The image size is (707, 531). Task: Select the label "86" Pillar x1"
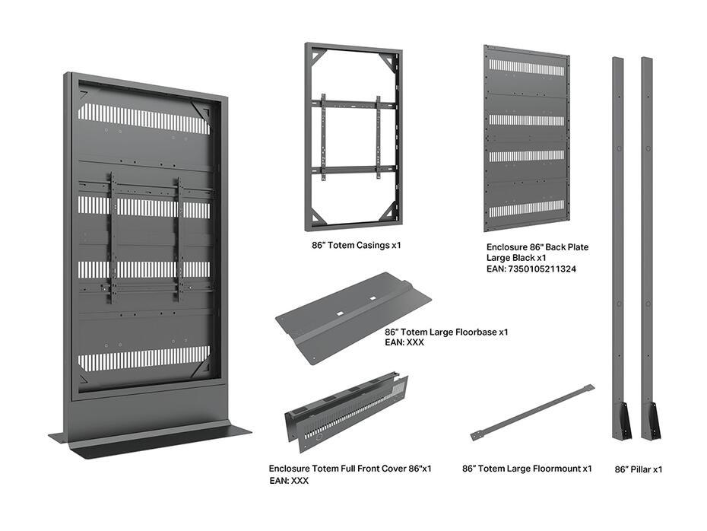[x=638, y=469]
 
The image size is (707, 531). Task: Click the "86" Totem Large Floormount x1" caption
[x=527, y=469]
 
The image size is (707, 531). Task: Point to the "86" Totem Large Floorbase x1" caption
[x=446, y=332]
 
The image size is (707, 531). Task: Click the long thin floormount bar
[x=532, y=412]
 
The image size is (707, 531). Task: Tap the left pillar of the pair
[x=618, y=228]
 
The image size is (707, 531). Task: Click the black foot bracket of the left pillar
[x=623, y=420]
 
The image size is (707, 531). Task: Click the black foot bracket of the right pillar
[x=652, y=420]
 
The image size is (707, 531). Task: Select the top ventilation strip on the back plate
[x=526, y=67]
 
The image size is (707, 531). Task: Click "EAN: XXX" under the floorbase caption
[x=404, y=343]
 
